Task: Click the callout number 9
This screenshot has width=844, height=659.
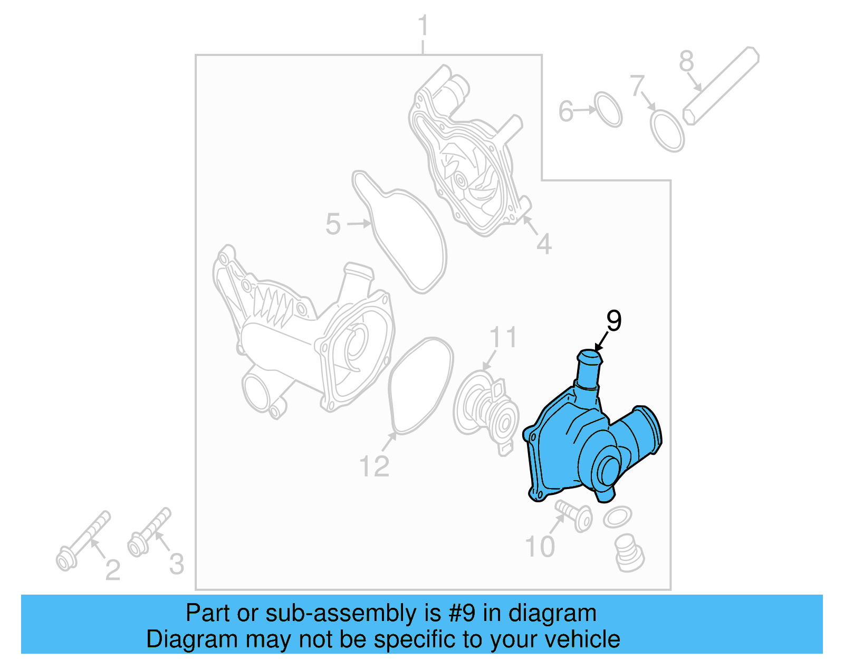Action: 613,320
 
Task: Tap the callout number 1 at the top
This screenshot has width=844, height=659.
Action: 423,26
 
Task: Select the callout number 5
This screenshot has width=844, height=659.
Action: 333,224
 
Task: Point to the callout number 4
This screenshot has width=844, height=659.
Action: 544,244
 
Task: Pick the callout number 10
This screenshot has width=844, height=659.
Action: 540,547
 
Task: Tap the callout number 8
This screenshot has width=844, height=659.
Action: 686,61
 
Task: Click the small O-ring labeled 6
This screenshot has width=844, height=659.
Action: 608,110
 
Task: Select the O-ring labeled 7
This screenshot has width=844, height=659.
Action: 667,130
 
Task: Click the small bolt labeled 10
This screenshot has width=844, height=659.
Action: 574,514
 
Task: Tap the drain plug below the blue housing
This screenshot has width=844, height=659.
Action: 629,553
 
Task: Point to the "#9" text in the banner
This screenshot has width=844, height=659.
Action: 463,613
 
